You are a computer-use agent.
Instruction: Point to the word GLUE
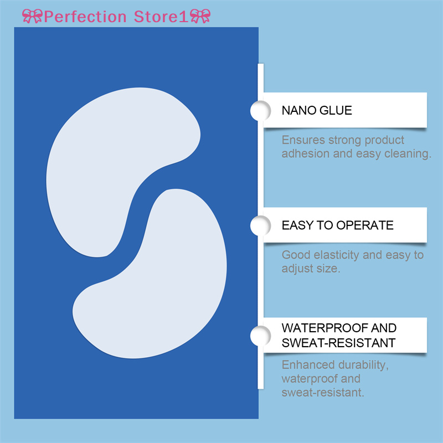pos(335,110)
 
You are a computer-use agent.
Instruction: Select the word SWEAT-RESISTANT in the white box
pos(338,343)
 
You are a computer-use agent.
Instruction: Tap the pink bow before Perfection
pos(32,16)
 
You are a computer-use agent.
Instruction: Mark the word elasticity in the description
pos(338,255)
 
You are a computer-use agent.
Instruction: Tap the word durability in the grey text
pos(354,365)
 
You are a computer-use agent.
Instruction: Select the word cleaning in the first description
pos(408,154)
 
